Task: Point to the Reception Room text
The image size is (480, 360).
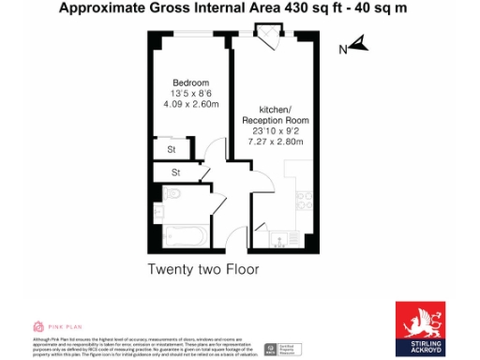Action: pos(276,121)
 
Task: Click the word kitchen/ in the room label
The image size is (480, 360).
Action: pos(276,109)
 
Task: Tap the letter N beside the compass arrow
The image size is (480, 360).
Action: pos(343,47)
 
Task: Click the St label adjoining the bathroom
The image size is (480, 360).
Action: pos(174,173)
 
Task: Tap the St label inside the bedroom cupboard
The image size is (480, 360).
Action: pos(172,149)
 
